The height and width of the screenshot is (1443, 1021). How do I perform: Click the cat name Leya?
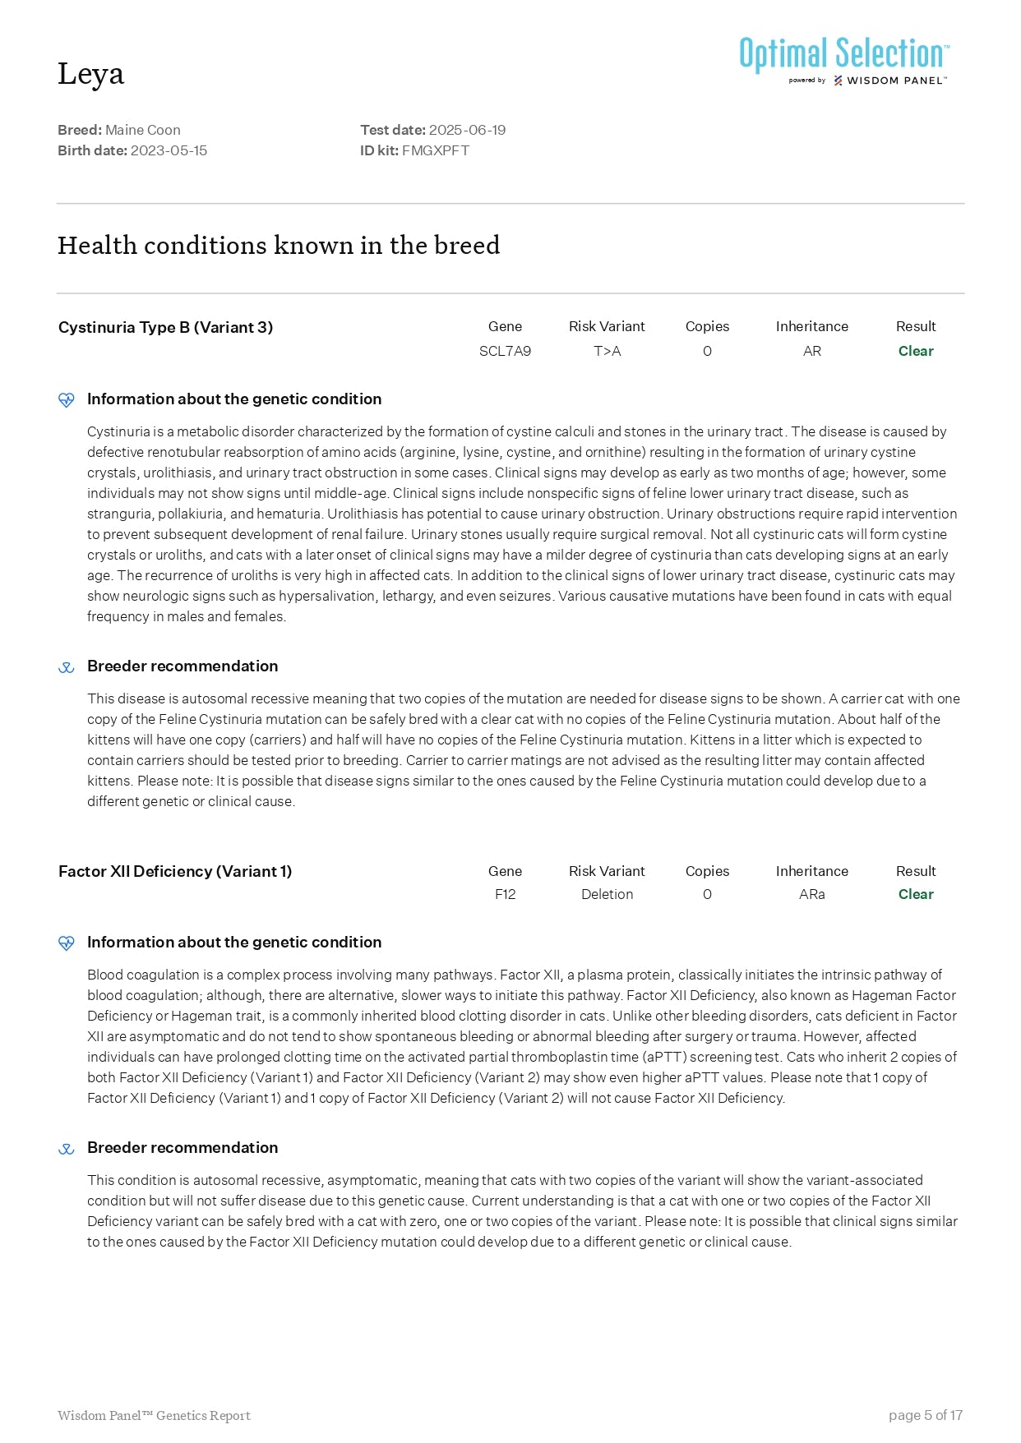(x=90, y=74)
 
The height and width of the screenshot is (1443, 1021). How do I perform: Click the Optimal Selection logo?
(x=843, y=59)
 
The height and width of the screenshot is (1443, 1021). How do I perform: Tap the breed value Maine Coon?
(x=142, y=130)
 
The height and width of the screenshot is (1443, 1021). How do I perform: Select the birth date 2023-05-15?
(x=169, y=150)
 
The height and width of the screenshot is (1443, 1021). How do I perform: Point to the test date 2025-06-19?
(x=467, y=130)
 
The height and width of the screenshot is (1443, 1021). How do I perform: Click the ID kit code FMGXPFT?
(x=435, y=150)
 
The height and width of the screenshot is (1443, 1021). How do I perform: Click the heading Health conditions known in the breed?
(x=279, y=245)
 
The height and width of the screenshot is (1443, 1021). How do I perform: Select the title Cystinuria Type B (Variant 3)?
(x=165, y=327)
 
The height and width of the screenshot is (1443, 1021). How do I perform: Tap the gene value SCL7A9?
(x=505, y=351)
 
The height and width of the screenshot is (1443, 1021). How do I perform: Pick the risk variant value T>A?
(x=607, y=351)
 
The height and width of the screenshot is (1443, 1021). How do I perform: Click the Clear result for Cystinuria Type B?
(x=915, y=351)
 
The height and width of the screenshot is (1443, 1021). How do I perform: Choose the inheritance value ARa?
(x=811, y=894)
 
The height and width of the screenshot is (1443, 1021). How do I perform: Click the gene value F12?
(x=505, y=894)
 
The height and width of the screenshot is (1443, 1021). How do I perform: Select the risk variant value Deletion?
(x=607, y=894)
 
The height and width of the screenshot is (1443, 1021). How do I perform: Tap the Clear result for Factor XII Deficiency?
(x=915, y=894)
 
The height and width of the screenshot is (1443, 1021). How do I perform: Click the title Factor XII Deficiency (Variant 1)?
(x=175, y=871)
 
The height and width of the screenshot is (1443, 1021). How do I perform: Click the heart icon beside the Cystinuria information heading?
(x=67, y=400)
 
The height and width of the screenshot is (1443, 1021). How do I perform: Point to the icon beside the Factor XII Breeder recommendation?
(x=67, y=1149)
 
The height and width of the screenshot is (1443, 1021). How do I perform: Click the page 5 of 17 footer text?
(x=925, y=1415)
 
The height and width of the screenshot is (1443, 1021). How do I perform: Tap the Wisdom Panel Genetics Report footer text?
(x=154, y=1415)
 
